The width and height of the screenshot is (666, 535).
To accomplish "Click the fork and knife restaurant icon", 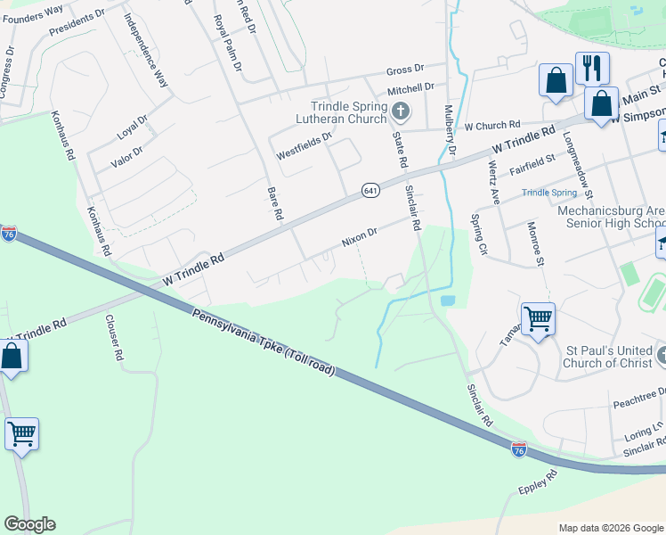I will pos(591,68).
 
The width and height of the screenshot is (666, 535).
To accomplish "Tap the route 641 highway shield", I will pos(370,190).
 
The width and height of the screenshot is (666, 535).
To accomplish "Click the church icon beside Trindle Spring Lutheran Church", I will pos(401,111).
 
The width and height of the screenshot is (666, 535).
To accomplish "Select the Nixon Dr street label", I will pos(360,236).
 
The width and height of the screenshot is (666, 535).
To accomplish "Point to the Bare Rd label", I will pos(275,203).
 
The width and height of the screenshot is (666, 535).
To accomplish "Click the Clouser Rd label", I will pos(115,336).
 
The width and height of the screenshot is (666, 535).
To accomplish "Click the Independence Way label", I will pos(146,50).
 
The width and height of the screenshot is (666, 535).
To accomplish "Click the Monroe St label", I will pos(537,243).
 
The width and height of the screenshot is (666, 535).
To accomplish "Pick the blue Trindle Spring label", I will pos(548,193).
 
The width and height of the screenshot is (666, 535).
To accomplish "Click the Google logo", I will pos(29,524).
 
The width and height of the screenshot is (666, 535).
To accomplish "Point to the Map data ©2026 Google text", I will pos(610,528).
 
